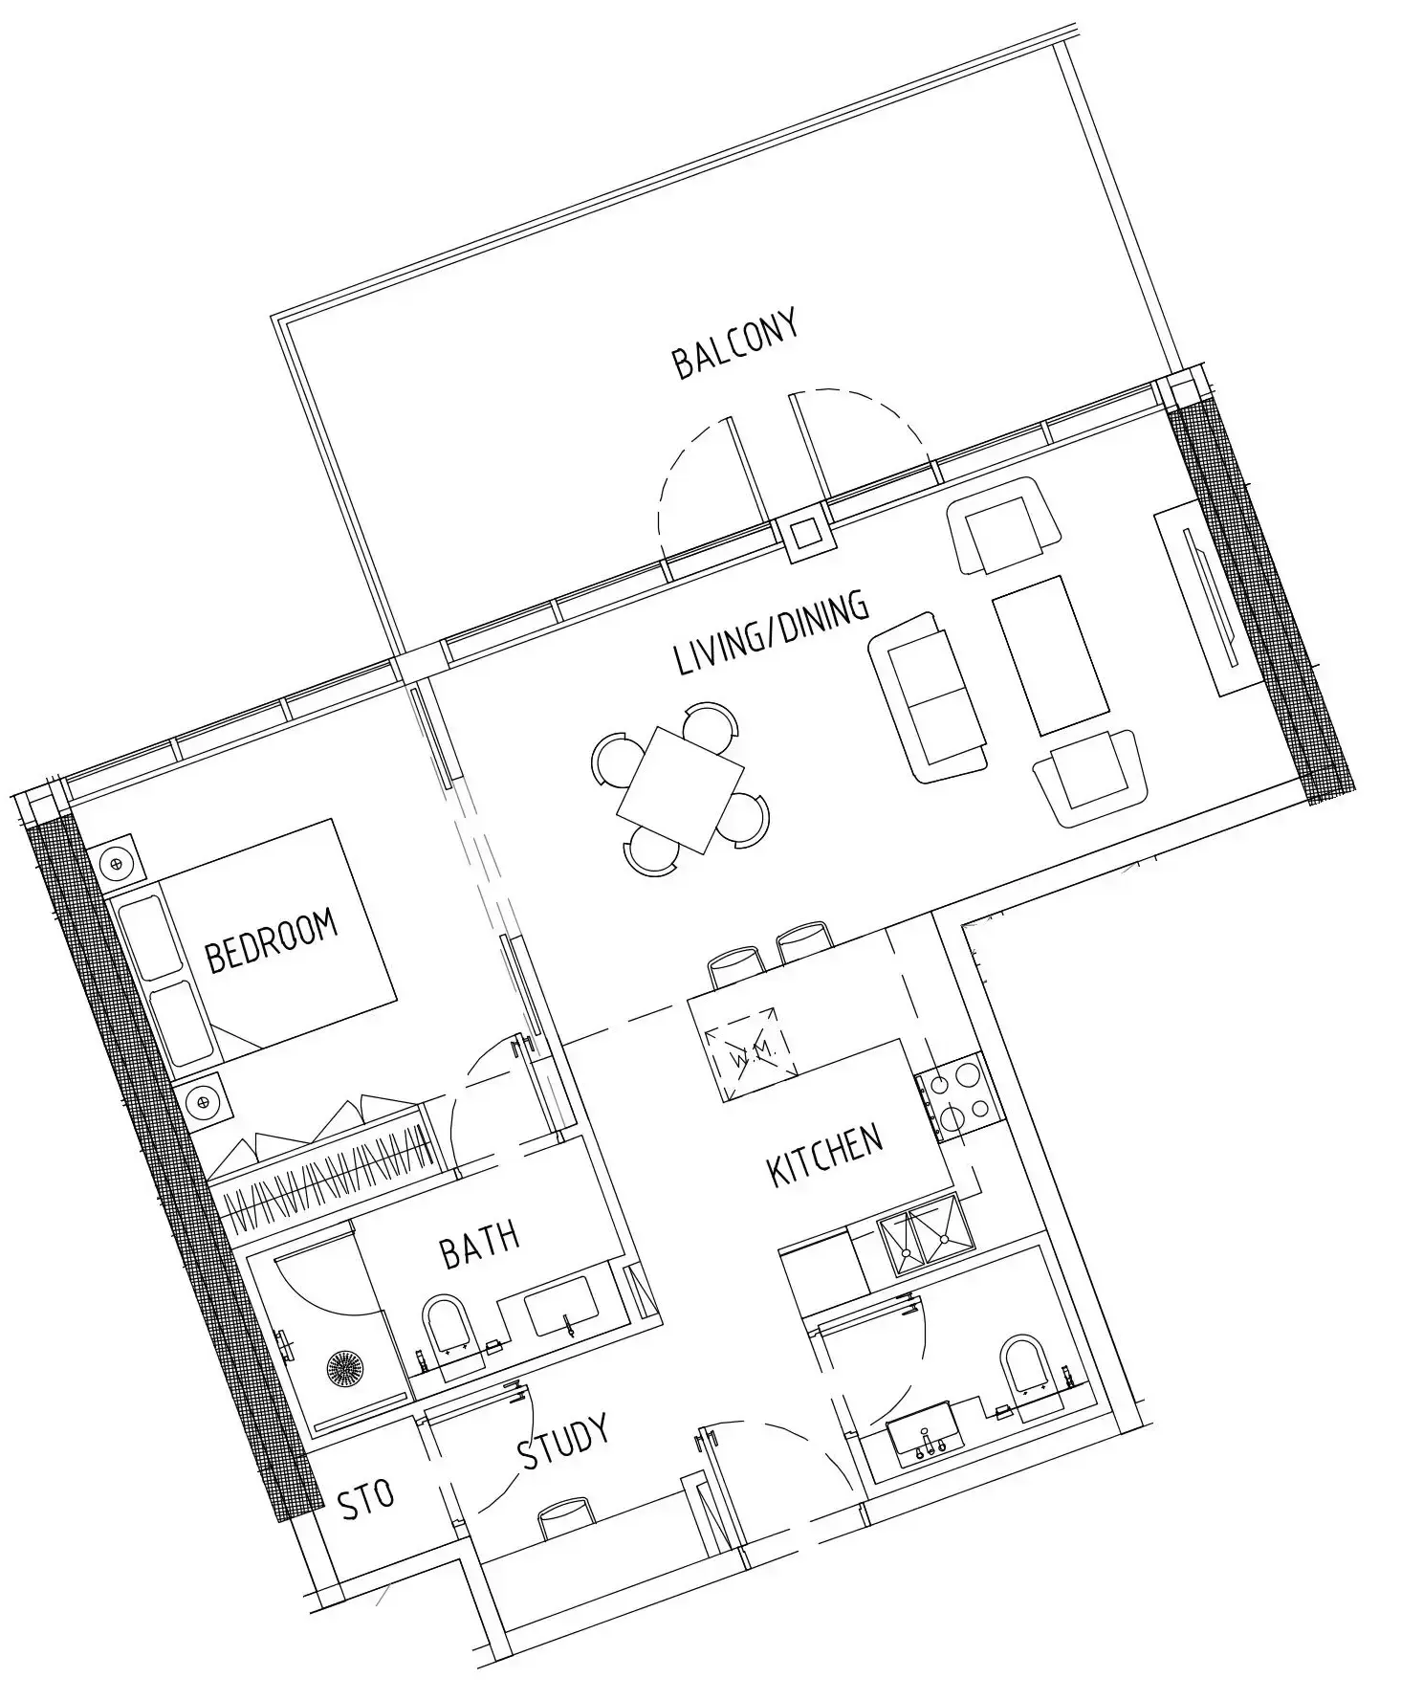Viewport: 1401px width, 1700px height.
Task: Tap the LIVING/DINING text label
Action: [771, 633]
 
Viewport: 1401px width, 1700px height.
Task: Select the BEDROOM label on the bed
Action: [273, 941]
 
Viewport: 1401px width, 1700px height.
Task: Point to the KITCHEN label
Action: [825, 1157]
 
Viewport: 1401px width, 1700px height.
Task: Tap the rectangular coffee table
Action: [1053, 655]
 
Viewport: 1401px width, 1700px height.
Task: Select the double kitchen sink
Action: [926, 1238]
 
